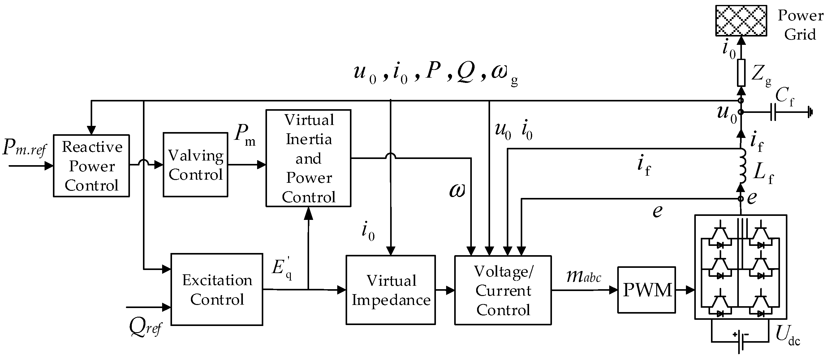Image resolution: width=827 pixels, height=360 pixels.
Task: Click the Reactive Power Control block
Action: pyautogui.click(x=91, y=165)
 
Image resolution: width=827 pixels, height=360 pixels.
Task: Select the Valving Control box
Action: pyautogui.click(x=195, y=165)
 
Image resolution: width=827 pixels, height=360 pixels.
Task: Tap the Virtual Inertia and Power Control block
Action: pyautogui.click(x=308, y=158)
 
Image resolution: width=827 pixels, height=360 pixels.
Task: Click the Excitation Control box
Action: pyautogui.click(x=217, y=289)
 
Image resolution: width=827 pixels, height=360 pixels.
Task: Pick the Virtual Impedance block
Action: pyautogui.click(x=390, y=290)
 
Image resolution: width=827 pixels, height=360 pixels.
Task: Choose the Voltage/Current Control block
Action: pyautogui.click(x=503, y=290)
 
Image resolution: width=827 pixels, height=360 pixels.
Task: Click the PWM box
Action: pyautogui.click(x=647, y=290)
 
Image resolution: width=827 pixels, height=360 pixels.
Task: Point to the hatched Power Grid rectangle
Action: pyautogui.click(x=741, y=20)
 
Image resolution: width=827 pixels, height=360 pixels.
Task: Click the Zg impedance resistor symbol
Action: pyautogui.click(x=741, y=73)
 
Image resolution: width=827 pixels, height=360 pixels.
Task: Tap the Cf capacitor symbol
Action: pyautogui.click(x=773, y=112)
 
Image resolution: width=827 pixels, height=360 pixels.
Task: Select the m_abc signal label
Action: pyautogui.click(x=583, y=276)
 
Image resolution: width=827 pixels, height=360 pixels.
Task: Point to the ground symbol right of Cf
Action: pyautogui.click(x=811, y=112)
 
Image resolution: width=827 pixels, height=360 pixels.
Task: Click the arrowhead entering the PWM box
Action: pyautogui.click(x=614, y=290)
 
